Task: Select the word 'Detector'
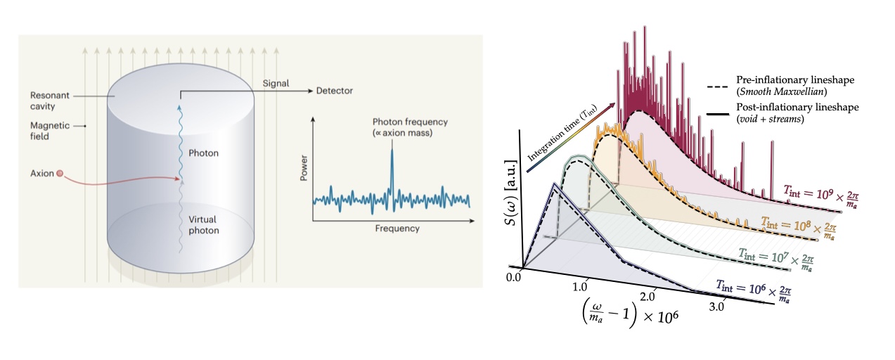(x=334, y=91)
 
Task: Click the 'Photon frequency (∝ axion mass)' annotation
(x=410, y=127)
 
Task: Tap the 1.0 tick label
(x=580, y=286)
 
